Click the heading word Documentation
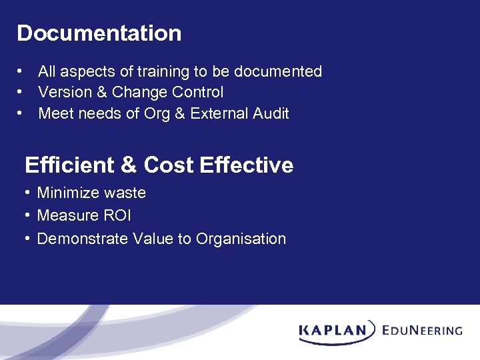(x=99, y=33)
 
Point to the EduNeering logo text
(x=423, y=330)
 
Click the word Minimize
(x=68, y=193)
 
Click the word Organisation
(x=241, y=239)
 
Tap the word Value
(x=153, y=239)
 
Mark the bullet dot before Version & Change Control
(x=22, y=92)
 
